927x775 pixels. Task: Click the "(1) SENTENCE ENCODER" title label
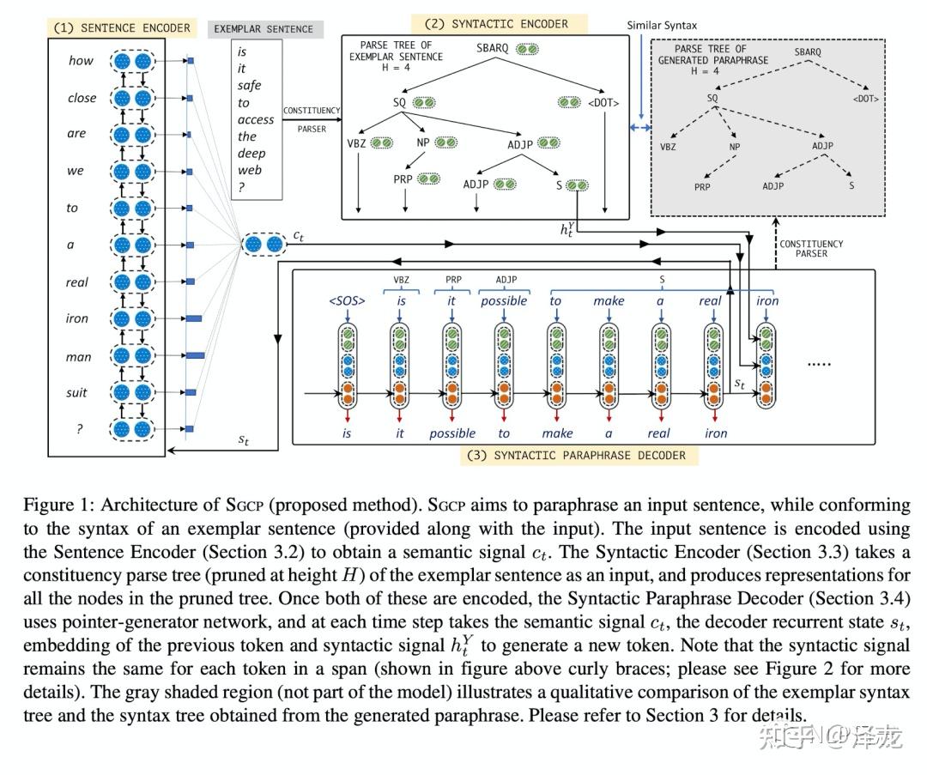[121, 27]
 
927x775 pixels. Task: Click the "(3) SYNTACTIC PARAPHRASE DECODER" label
[579, 455]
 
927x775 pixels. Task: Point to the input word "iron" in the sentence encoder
[77, 318]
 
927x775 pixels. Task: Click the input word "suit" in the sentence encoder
[77, 392]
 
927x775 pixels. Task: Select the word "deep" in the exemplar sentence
[251, 153]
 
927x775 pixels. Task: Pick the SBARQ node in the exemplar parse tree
[493, 49]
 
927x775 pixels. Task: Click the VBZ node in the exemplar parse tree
[356, 142]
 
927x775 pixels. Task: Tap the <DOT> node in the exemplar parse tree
[603, 103]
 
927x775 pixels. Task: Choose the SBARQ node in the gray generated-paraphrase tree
[808, 51]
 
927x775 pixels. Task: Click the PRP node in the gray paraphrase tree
[703, 185]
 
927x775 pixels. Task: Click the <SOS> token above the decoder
[347, 300]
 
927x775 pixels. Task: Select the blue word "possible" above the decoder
[504, 300]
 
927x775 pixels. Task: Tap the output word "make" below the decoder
[557, 433]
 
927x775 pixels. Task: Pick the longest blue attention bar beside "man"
[196, 354]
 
